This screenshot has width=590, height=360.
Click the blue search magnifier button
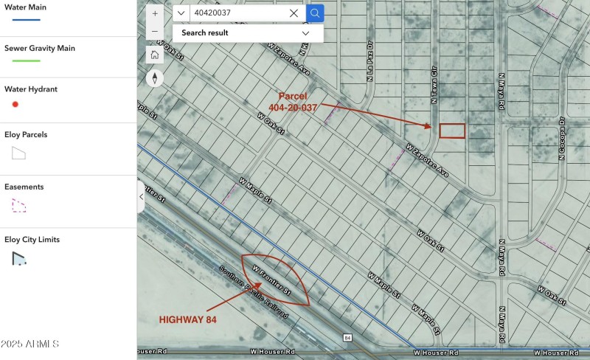[315, 13]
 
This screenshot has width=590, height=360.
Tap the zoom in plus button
[155, 13]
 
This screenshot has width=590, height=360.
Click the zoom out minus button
[155, 32]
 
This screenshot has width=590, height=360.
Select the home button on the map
[155, 55]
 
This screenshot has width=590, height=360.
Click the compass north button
[155, 78]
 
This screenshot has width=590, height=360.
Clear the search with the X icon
[294, 13]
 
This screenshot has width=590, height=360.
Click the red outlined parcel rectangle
[452, 131]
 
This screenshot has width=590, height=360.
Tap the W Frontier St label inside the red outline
[271, 282]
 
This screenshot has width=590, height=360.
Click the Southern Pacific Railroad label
[252, 292]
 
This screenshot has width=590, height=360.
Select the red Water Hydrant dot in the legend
[15, 104]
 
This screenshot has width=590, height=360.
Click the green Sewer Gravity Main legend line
[22, 60]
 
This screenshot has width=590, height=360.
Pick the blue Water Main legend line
[22, 19]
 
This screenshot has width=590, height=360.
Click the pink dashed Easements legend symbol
[18, 205]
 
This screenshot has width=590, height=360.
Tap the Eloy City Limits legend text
[32, 240]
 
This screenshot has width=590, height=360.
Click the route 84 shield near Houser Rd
[347, 338]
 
